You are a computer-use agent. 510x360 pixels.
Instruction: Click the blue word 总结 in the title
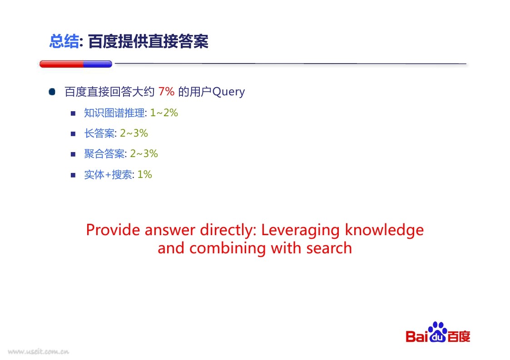(64, 42)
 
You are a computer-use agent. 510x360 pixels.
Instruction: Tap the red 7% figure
(166, 91)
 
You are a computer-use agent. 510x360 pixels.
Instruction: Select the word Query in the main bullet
(228, 92)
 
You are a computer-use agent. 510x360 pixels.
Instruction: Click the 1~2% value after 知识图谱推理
(164, 113)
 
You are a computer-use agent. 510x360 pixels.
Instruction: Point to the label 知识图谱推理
(114, 113)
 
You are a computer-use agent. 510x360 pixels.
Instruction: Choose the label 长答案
(99, 133)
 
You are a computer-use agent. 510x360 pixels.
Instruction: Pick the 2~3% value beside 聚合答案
(144, 153)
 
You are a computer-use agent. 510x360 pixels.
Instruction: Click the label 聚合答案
(104, 153)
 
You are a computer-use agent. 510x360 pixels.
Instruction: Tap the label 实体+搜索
(108, 175)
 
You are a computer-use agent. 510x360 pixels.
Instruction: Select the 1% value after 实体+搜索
(145, 175)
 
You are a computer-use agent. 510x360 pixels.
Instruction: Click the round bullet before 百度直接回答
(52, 92)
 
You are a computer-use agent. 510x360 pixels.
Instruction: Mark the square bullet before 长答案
(73, 133)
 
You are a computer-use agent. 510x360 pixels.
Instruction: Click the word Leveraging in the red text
(301, 231)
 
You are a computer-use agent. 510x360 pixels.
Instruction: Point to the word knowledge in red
(384, 230)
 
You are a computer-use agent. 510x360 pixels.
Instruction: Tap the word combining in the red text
(228, 248)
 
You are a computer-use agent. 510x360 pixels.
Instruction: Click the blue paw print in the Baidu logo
(438, 332)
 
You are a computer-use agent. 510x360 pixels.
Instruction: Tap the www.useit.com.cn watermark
(39, 351)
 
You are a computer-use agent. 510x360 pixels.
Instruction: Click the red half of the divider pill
(61, 64)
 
